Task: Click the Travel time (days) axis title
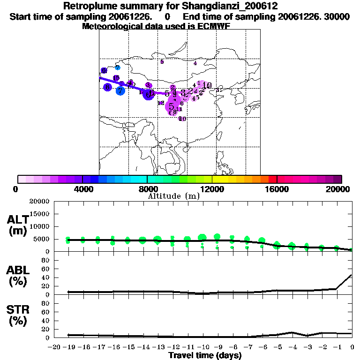point(205,356)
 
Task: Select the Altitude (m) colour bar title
point(173,196)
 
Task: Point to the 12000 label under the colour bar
point(212,189)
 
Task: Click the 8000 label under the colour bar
point(147,189)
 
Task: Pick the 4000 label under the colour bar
point(82,189)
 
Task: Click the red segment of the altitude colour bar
point(272,179)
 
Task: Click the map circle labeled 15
point(116,78)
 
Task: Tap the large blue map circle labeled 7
point(120,90)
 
